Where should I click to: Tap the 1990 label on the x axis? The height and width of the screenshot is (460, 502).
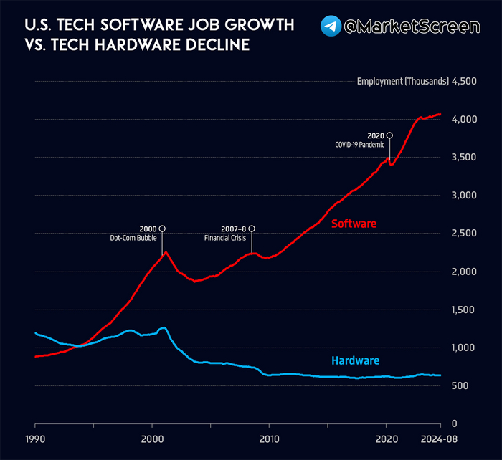click(34, 439)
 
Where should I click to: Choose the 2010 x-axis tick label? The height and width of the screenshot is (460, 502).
click(269, 439)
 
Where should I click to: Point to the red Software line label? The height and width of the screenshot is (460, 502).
click(354, 224)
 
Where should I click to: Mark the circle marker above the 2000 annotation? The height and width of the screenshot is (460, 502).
click(162, 229)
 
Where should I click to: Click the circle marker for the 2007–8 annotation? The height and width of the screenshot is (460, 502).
click(251, 229)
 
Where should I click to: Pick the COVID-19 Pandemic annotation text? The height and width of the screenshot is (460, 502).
click(359, 145)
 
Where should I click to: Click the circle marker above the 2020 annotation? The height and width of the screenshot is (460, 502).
click(389, 135)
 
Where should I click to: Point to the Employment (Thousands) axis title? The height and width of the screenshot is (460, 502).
click(402, 81)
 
